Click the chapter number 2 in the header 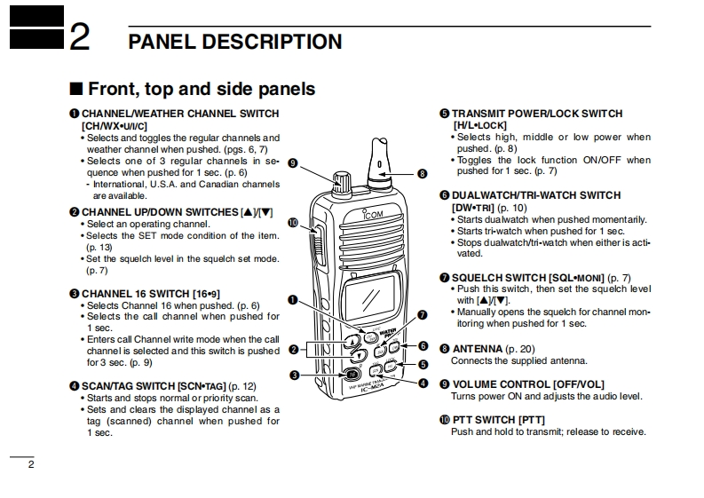pos(79,39)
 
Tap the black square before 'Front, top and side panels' pos(76,89)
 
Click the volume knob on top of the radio pos(342,181)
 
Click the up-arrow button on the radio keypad pos(355,341)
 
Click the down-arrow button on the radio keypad pos(359,357)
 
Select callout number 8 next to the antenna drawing pos(422,174)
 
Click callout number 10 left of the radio pos(293,223)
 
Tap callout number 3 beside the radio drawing pos(294,375)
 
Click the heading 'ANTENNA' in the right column pos(478,349)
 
